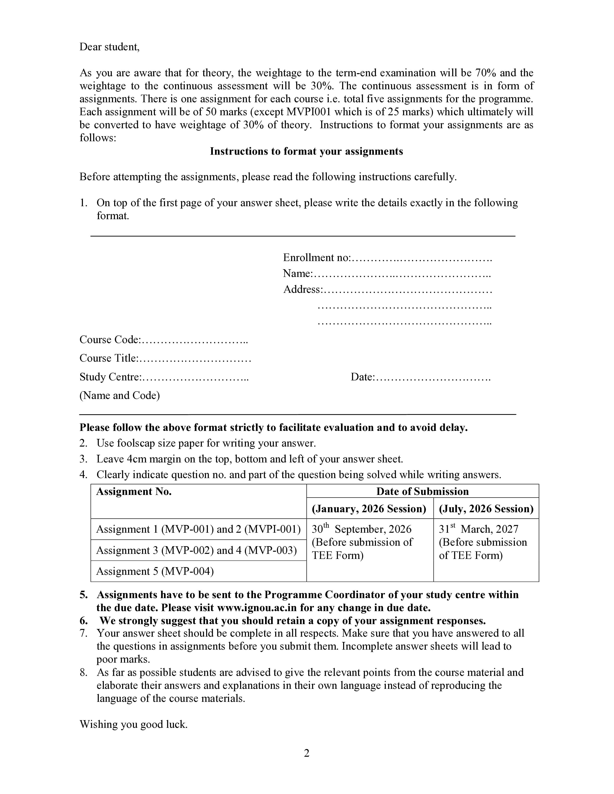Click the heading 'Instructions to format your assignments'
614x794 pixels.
(x=306, y=151)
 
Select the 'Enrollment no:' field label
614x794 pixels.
(x=316, y=258)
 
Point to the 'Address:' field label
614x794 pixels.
(x=303, y=289)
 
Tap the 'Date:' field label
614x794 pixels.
(x=363, y=377)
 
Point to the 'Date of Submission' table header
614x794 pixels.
(x=422, y=492)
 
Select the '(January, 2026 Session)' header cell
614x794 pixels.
(x=369, y=509)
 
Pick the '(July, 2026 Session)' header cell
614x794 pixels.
(x=486, y=509)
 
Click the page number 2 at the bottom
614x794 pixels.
(x=307, y=753)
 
